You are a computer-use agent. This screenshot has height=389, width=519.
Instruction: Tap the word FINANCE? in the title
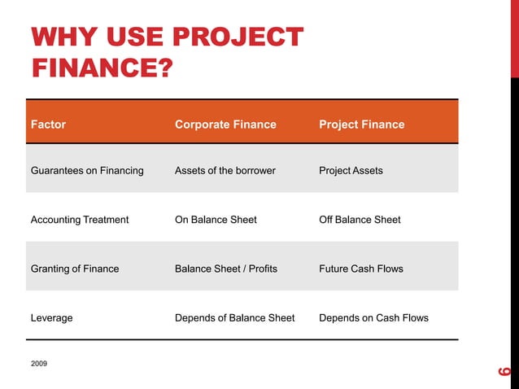(x=102, y=67)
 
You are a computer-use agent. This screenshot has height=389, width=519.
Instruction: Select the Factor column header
(x=48, y=125)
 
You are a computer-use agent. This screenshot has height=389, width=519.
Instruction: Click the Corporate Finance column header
(x=225, y=125)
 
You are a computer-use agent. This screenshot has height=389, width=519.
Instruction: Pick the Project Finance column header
(x=361, y=125)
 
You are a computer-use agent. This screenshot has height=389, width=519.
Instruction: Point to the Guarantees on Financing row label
(x=87, y=171)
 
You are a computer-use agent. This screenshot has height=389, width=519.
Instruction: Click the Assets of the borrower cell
(x=225, y=171)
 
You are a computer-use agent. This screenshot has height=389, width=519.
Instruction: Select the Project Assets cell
(x=351, y=171)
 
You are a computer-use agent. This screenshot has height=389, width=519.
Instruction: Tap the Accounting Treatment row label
(x=80, y=220)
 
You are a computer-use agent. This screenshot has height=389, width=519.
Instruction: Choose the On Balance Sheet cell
(x=216, y=220)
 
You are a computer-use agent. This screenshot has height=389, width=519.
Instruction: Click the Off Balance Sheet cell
(x=360, y=220)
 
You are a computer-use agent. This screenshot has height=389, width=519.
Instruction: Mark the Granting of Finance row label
(x=75, y=269)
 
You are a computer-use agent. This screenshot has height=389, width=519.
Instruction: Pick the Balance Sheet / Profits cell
(x=226, y=269)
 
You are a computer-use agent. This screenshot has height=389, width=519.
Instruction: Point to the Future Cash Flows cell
(x=361, y=269)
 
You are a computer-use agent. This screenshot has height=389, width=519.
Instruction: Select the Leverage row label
(x=51, y=317)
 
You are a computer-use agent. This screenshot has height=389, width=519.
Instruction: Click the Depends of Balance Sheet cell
(x=235, y=317)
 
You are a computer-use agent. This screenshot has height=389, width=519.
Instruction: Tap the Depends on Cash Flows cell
(x=373, y=317)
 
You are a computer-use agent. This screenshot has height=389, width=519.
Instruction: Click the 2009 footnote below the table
(x=39, y=362)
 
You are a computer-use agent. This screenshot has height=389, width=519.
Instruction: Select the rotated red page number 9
(x=504, y=372)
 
